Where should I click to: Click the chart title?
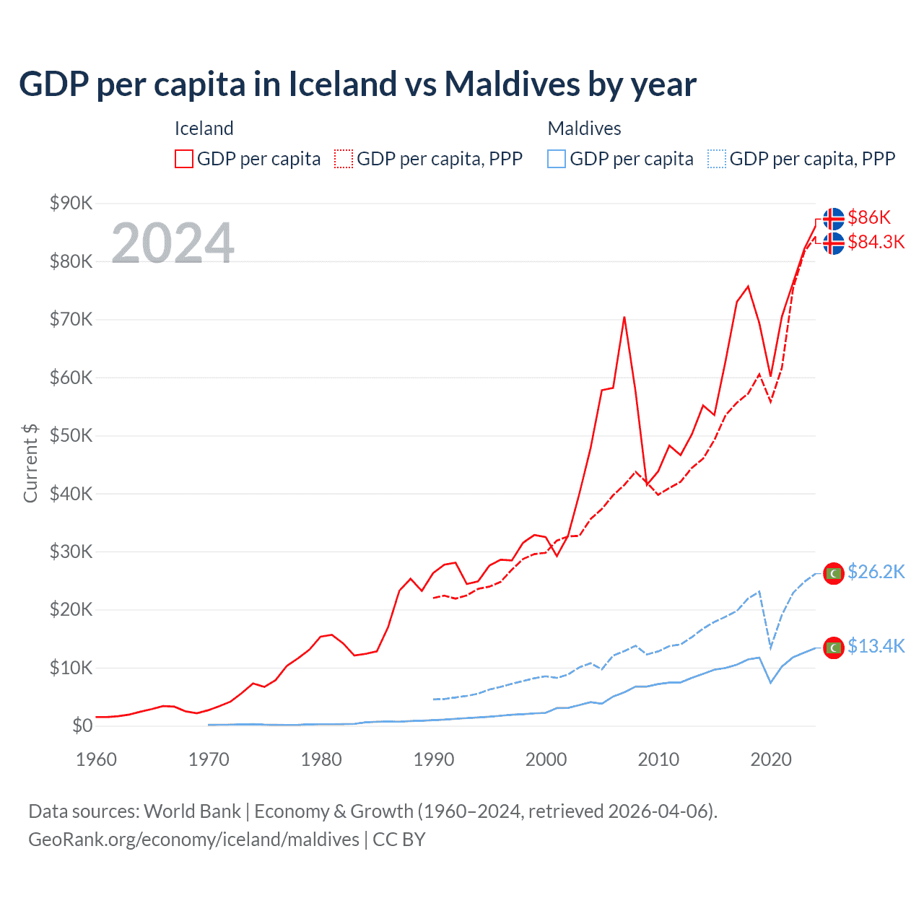357,84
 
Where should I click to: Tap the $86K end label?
869,217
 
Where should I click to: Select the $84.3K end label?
876,242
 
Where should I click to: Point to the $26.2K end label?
876,572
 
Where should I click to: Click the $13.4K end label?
876,646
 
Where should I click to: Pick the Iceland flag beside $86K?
834,218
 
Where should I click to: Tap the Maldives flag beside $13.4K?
834,648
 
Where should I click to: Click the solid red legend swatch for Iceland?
184,159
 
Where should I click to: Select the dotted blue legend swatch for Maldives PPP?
717,159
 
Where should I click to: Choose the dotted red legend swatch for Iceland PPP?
344,159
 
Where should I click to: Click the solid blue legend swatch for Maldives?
557,159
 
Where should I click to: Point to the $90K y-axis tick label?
71,204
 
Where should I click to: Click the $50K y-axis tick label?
71,436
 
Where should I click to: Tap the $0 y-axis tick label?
82,726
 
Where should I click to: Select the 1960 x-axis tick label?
96,759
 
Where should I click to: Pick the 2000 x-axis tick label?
546,759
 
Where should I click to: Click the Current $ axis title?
30,463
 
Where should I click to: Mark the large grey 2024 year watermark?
173,243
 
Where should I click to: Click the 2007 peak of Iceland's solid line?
624,317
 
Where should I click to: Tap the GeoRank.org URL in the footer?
193,840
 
